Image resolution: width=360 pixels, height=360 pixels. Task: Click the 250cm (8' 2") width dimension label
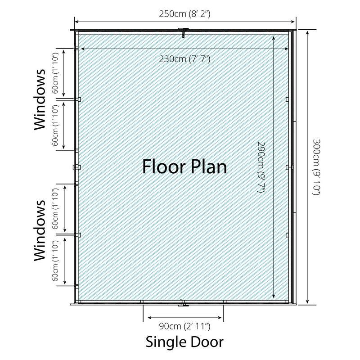point(184,14)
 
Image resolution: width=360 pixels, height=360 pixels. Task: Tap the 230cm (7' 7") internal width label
point(184,59)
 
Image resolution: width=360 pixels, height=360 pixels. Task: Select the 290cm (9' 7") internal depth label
point(261,167)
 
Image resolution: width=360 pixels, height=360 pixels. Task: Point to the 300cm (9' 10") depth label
point(317,167)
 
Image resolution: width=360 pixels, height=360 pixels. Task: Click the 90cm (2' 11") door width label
point(184,326)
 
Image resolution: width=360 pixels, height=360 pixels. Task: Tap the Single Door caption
point(184,342)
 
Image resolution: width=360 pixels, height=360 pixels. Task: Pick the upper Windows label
point(39,99)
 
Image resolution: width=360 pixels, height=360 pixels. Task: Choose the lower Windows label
point(39,230)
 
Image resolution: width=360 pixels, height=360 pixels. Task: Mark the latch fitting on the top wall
point(183,32)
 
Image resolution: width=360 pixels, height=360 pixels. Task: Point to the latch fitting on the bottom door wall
point(183,303)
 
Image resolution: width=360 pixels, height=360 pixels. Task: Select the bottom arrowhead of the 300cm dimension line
point(307,301)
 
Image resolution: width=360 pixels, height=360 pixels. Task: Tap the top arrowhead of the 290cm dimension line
point(274,38)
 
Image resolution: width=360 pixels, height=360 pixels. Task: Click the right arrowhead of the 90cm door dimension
point(220,318)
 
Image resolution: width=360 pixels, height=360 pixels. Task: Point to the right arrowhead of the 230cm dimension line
point(286,49)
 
